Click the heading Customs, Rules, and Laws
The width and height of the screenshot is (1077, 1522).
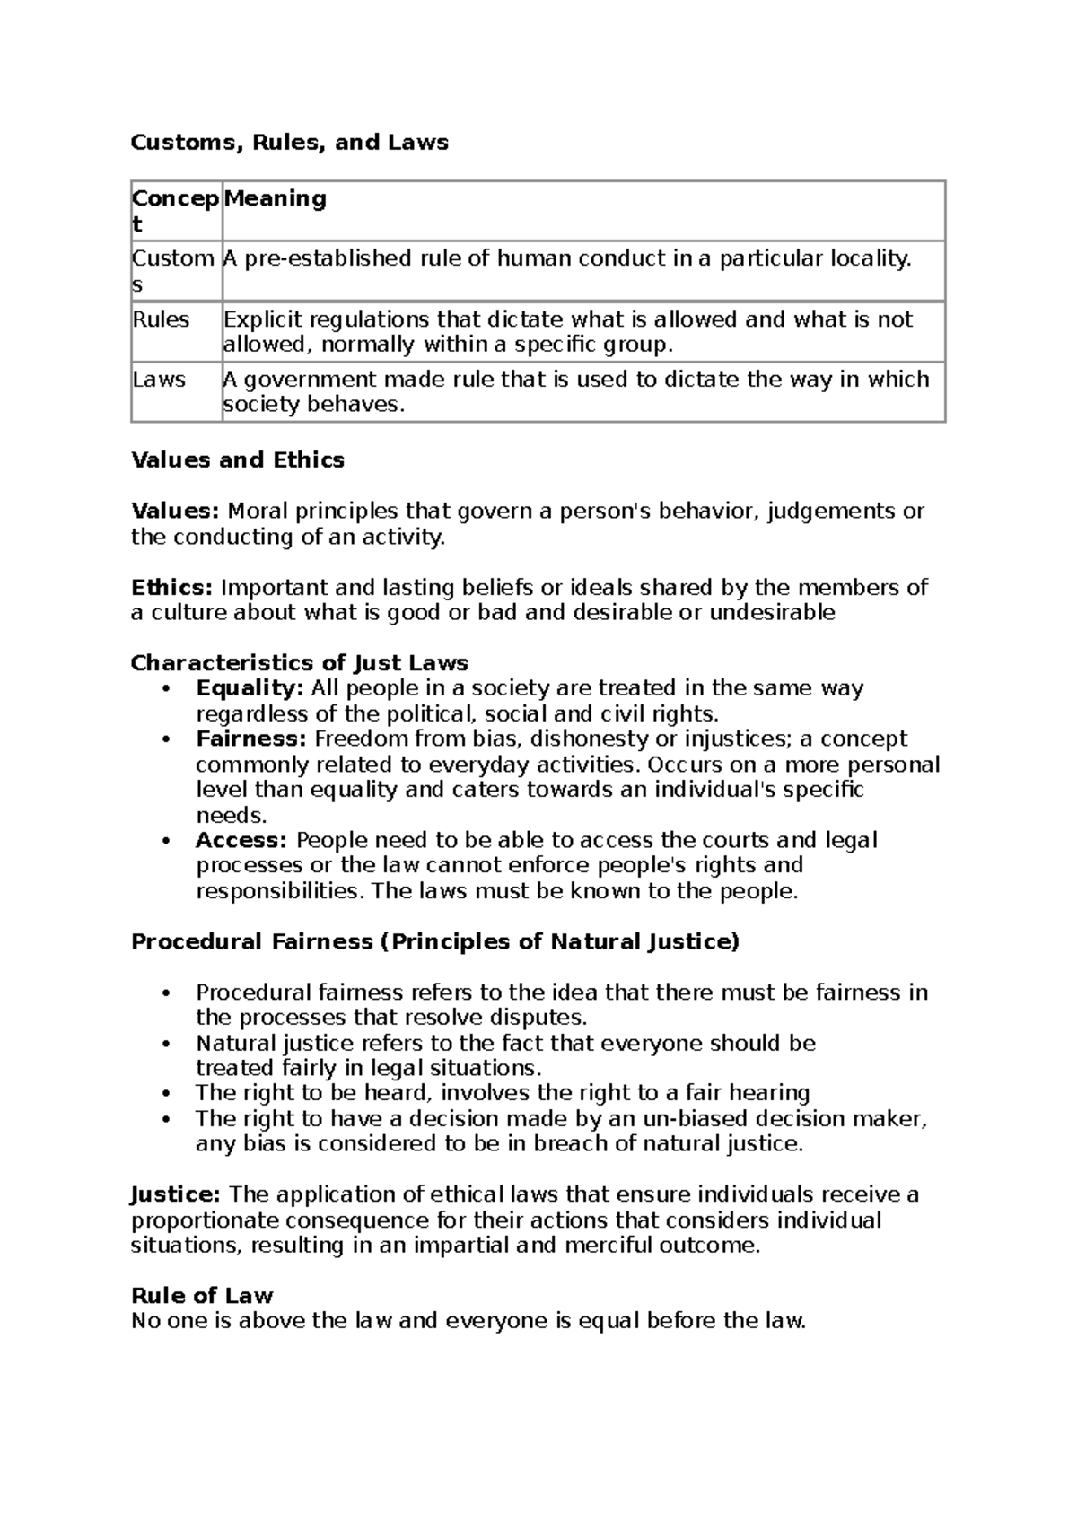289,143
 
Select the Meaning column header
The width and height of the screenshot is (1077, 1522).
275,198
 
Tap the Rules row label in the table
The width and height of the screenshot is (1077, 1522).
161,319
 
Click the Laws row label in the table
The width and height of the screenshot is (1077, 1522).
159,380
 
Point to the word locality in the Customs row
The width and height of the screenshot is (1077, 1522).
870,259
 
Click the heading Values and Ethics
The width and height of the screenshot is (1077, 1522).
238,460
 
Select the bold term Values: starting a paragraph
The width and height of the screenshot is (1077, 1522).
175,512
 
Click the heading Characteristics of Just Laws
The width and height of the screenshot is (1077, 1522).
300,663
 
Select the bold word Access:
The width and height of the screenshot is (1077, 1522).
241,841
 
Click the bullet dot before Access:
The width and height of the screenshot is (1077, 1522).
167,842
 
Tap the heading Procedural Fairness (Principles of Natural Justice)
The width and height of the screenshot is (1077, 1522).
435,941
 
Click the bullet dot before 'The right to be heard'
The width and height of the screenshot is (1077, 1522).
167,1094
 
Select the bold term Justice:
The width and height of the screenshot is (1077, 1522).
175,1194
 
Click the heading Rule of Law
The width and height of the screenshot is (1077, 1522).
202,1296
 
